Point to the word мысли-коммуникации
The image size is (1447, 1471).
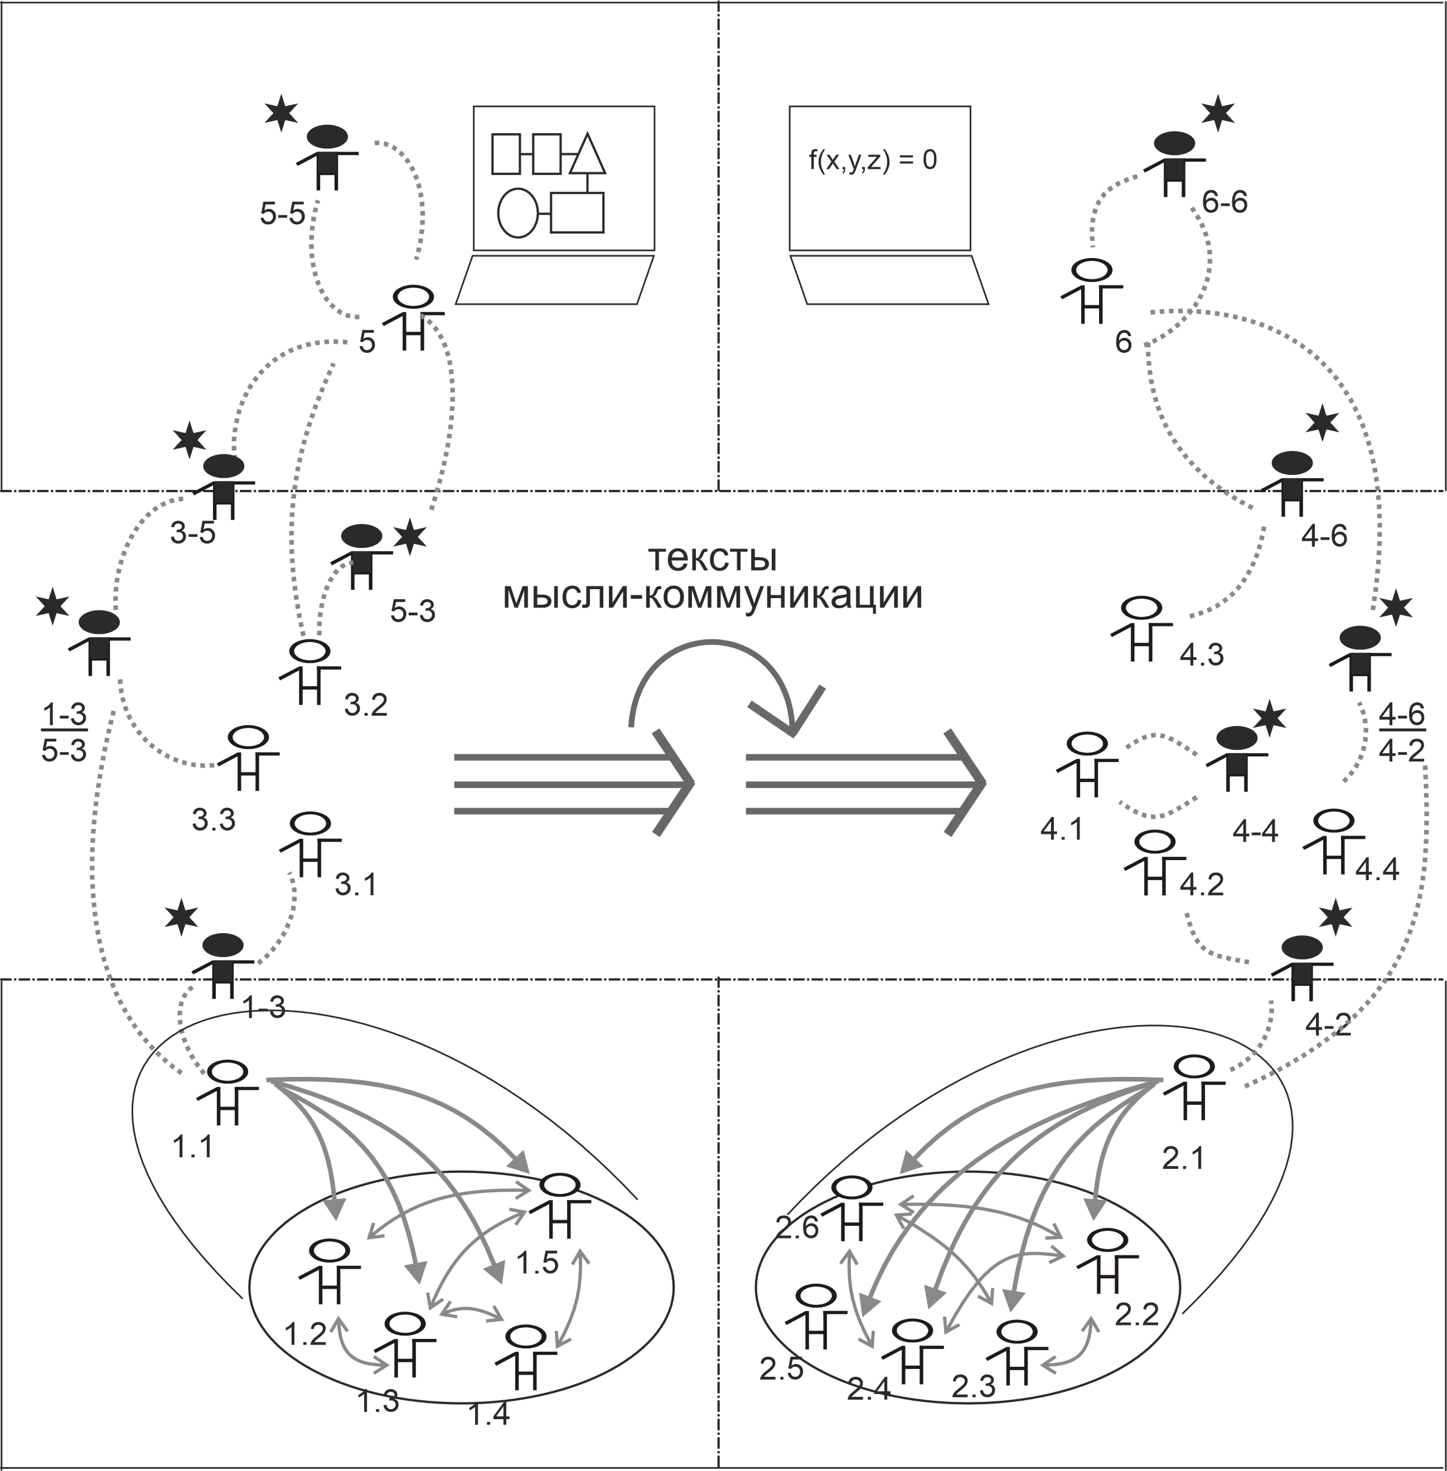tap(712, 596)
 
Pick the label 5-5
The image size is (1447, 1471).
tap(282, 215)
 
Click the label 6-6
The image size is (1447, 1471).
tap(1225, 202)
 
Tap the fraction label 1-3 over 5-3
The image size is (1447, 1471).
tap(64, 732)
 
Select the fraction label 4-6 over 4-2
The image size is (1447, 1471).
tap(1401, 733)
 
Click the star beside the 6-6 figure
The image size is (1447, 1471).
tap(1218, 113)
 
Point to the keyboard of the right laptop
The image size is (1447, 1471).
tap(889, 280)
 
